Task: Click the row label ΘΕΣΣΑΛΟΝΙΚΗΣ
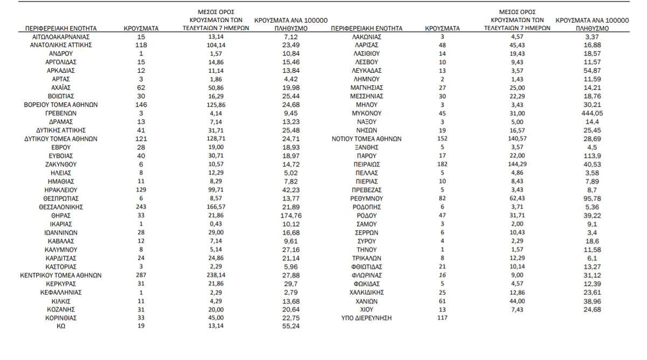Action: pos(61,207)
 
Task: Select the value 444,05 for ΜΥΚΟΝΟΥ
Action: pos(592,113)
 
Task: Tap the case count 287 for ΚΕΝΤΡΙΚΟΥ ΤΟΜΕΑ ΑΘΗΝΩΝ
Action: pos(141,275)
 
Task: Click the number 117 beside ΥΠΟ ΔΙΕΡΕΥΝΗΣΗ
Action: pos(442,319)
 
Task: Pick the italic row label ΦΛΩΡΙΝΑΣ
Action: pos(367,275)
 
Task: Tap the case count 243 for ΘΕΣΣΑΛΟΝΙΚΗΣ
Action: pos(141,207)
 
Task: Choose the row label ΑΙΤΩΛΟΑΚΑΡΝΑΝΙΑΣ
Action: pos(61,37)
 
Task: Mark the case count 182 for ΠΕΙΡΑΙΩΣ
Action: pos(442,164)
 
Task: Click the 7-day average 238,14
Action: pos(216,275)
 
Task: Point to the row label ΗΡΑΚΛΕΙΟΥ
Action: pos(61,190)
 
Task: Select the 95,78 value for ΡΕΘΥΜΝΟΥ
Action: pos(592,199)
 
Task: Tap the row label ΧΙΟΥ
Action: pos(367,310)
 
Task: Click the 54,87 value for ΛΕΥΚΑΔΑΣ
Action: pos(592,71)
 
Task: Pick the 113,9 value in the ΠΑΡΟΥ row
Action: pos(592,156)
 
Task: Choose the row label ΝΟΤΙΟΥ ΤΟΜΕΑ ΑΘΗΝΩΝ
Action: pos(367,139)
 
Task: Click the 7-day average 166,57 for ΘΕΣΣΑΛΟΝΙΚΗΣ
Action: pos(216,207)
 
